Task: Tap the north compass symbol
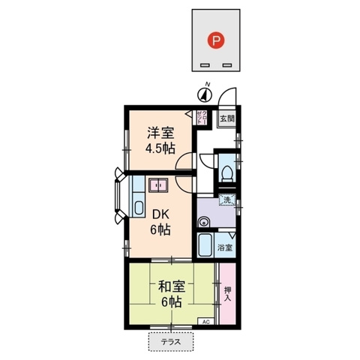pos(204,94)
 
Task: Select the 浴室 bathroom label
pos(225,247)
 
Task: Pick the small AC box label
pos(204,322)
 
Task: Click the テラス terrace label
pos(169,341)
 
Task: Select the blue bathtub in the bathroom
pos(205,244)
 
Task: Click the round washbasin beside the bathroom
pos(203,222)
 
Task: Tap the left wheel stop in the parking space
pos(205,67)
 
